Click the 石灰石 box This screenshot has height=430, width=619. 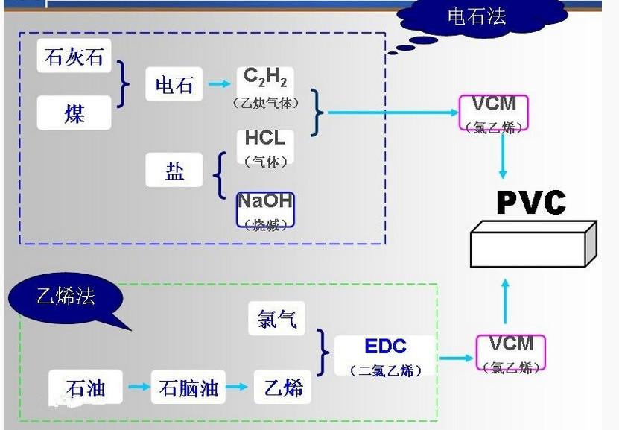coord(74,57)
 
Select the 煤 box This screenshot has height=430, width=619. coord(74,114)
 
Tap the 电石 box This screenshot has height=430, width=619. coord(174,84)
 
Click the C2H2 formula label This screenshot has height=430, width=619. coord(265,77)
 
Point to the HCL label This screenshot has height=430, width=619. coord(265,139)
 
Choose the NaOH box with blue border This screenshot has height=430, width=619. coord(265,209)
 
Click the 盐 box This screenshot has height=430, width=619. coord(174,171)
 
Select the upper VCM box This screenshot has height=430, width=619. coord(494,113)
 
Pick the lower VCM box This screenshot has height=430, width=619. coord(510,352)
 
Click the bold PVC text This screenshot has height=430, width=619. coord(531,203)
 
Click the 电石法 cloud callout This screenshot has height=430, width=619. coord(477,16)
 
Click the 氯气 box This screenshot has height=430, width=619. coord(277,318)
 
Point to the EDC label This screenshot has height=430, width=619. coord(385,347)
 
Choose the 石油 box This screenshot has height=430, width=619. coord(86,388)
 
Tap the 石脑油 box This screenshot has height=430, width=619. coord(188,388)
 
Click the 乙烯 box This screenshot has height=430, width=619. coord(284,388)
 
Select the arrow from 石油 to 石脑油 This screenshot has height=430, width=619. coord(139,387)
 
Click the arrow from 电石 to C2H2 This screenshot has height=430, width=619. coord(219,84)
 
